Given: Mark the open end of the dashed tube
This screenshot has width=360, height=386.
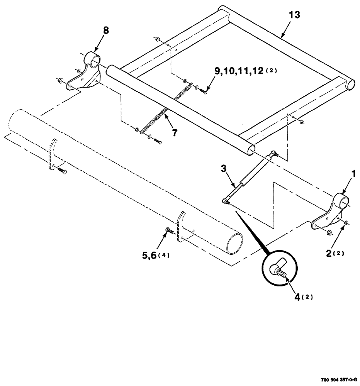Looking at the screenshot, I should point(235,243).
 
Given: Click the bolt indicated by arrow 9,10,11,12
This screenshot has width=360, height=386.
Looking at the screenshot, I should point(204,91).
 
